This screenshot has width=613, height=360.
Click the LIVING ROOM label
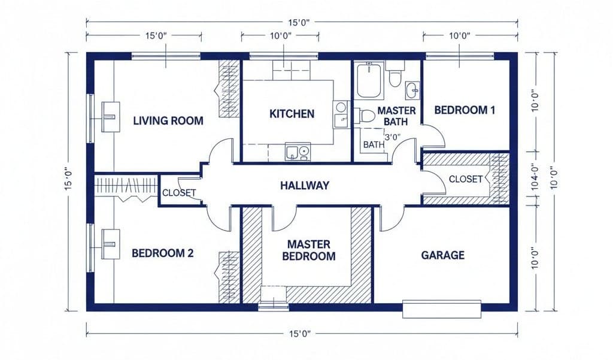[168, 120]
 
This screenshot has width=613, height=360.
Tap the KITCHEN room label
[292, 113]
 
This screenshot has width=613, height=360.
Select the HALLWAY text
[305, 185]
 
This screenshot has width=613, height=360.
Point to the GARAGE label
[442, 255]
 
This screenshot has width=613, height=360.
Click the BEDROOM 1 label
[465, 110]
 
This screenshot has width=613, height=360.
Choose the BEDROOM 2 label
[162, 253]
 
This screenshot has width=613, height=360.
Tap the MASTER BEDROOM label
[308, 250]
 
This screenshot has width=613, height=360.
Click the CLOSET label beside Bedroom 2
[179, 192]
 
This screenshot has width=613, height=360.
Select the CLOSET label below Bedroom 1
[466, 179]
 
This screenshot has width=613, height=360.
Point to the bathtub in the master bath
[369, 82]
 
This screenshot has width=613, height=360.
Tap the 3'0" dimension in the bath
[392, 137]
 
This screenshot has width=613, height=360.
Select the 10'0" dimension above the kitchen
[280, 36]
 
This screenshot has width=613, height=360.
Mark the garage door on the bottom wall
[442, 308]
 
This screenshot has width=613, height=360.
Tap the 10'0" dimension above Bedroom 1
[459, 36]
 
